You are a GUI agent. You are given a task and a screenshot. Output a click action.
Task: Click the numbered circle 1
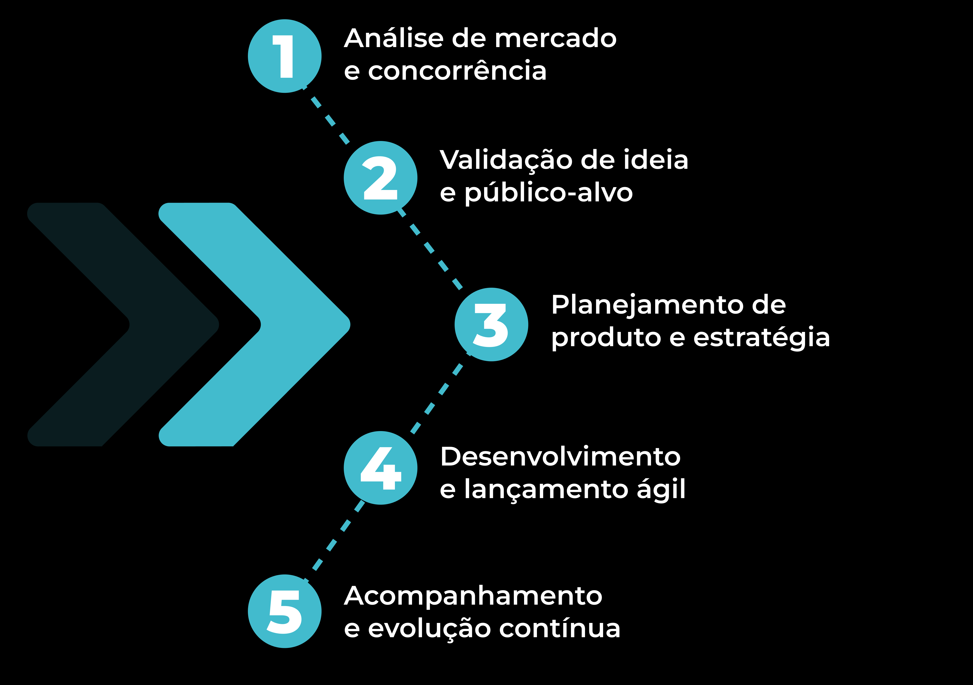(284, 56)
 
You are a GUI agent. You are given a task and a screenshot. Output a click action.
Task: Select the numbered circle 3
(491, 325)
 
